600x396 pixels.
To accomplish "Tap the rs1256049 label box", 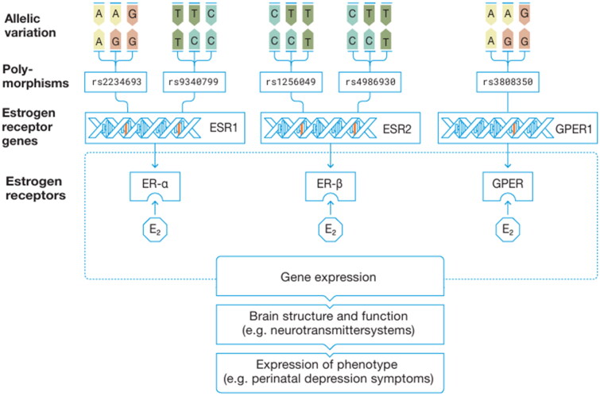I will [295, 82].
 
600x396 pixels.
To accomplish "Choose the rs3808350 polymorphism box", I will [510, 82].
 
